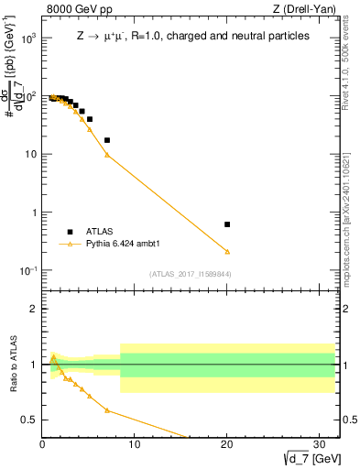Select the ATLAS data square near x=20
coord(227,224)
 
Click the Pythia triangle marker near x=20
coord(227,251)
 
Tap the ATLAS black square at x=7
coord(107,140)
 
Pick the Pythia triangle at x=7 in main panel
coord(107,155)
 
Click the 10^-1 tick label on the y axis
coord(29,271)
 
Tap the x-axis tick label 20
coord(226,444)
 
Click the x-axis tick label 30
coord(319,444)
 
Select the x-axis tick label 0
coord(42,444)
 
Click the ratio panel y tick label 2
coord(33,309)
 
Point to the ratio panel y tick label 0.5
coord(29,420)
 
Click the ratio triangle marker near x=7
coord(107,410)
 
